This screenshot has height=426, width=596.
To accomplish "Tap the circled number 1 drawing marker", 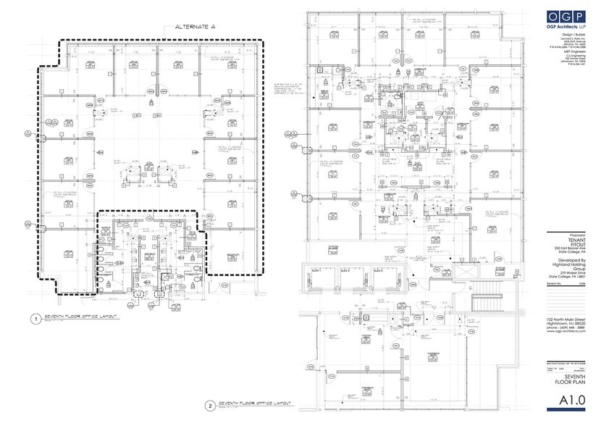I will click(x=35, y=318).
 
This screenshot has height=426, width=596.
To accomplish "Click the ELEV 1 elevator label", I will click(x=316, y=268).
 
